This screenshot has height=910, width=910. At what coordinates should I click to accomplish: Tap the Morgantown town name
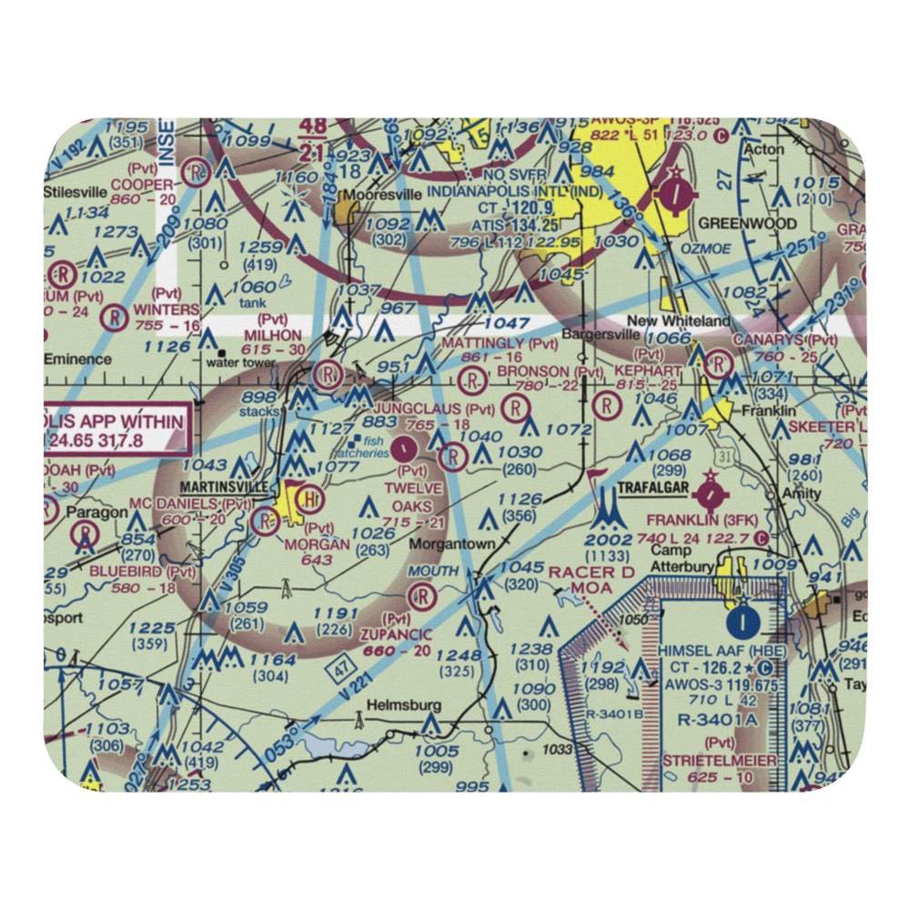pos(452,543)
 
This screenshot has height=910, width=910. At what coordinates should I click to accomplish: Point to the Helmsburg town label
pos(403,705)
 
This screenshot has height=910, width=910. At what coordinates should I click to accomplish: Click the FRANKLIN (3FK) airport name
pos(702,520)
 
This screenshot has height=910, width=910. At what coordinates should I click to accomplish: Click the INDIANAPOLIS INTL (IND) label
pos(502,192)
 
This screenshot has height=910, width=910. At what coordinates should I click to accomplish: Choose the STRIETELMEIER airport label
pos(719,760)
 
